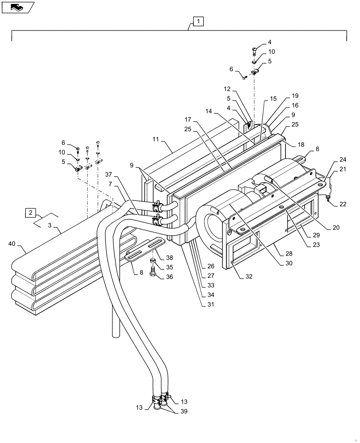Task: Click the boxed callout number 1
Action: [x=198, y=20]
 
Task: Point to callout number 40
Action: [x=13, y=243]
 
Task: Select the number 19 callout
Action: [x=295, y=96]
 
